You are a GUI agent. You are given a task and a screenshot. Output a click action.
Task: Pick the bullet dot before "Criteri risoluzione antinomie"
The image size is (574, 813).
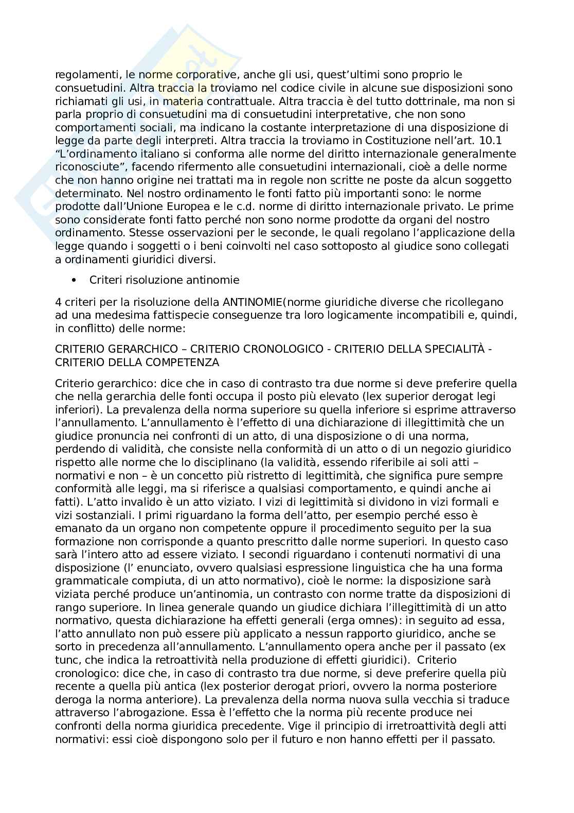(x=75, y=280)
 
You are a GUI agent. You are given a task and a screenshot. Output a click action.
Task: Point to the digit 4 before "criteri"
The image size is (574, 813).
(x=58, y=302)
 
